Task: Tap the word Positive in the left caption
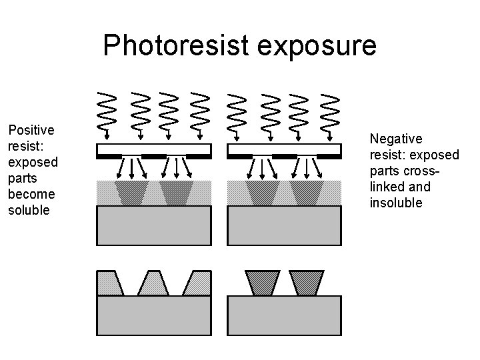coord(31,130)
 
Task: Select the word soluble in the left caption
coord(29,210)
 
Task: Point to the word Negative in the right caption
coord(396,139)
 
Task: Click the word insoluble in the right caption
coord(396,203)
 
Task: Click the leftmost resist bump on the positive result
coord(110,283)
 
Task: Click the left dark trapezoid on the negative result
coord(262,283)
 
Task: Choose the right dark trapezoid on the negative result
coord(306,283)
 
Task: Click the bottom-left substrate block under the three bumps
coord(154,315)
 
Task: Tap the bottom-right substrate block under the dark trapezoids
coord(284,315)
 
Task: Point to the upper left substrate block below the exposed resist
coord(154,225)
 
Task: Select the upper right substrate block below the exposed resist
coord(284,225)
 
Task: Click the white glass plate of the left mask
coord(154,148)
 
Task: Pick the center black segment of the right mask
coord(284,156)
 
